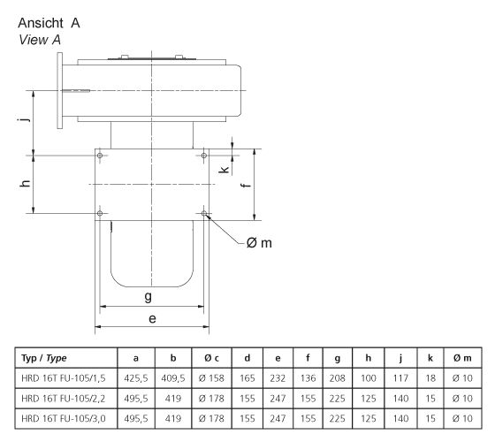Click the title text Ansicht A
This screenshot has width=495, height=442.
click(49, 23)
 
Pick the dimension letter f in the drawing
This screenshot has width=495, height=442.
click(246, 185)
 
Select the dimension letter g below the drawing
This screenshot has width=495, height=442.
click(149, 297)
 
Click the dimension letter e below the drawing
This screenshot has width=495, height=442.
click(153, 318)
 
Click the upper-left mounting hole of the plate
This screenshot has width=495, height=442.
click(101, 156)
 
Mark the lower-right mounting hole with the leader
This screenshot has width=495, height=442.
click(205, 213)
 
